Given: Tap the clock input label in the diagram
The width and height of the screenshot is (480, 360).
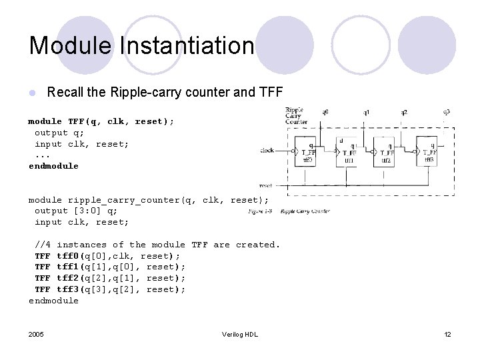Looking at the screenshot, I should click(267, 151).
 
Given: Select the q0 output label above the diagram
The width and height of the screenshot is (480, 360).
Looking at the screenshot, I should click(325, 112).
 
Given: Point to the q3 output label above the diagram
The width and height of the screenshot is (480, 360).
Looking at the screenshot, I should click(446, 112).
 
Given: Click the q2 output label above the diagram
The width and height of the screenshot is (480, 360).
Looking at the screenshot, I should click(405, 112).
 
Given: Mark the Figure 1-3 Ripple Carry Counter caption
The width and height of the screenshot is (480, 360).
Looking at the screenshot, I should click(289, 211).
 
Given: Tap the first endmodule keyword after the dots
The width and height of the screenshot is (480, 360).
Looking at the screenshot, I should click(53, 166).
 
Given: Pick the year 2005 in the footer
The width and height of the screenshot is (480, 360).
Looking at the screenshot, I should click(37, 334).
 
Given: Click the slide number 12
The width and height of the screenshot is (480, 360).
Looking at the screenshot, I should click(447, 334).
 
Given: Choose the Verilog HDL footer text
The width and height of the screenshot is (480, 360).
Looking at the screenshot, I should click(240, 334).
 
